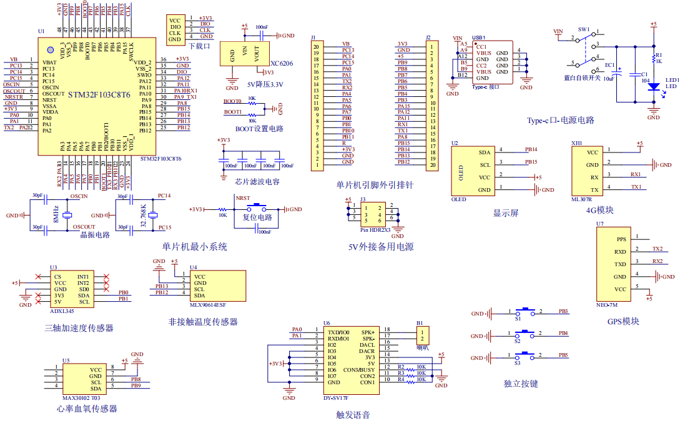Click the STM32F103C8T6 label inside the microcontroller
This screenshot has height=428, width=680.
point(99,95)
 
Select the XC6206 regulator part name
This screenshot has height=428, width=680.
point(282,64)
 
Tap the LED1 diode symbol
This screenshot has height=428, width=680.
point(653,88)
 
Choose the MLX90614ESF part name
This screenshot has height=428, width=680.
point(208,306)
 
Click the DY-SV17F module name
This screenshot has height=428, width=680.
point(335,397)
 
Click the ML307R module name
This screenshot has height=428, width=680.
point(581,199)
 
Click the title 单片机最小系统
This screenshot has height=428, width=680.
point(194,247)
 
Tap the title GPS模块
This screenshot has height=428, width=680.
point(623,321)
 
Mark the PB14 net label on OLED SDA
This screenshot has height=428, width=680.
point(531,149)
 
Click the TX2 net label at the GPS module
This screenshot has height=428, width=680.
point(657,248)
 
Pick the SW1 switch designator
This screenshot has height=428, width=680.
point(583,29)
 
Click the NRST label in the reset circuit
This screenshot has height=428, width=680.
point(242,198)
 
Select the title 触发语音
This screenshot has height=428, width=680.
point(353,414)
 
